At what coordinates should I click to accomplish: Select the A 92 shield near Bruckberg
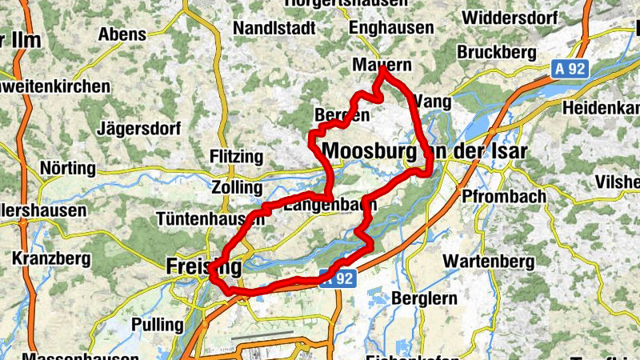570,69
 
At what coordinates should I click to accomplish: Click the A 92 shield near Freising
336,279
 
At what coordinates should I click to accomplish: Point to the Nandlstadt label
274,28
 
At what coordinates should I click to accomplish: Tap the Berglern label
425,298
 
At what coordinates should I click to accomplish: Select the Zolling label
238,187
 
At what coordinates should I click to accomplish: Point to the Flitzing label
235,156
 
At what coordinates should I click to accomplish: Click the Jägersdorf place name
138,128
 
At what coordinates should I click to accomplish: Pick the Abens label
122,34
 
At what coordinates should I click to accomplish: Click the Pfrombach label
504,196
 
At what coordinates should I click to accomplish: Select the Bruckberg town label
496,52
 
